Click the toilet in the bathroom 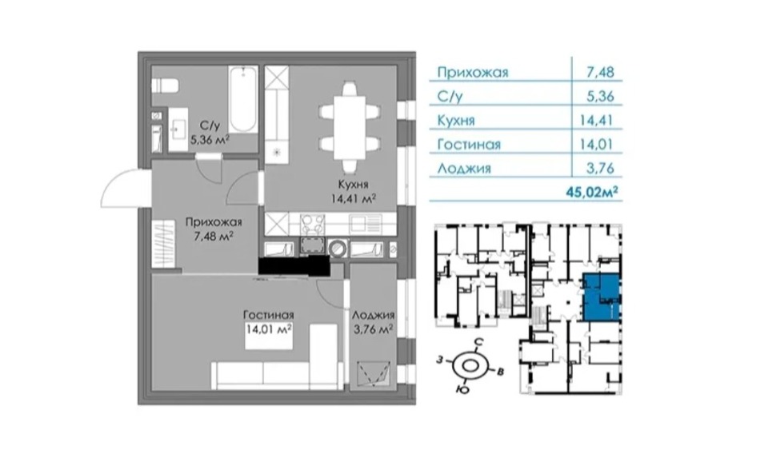pyautogui.click(x=164, y=86)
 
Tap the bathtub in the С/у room pyautogui.click(x=243, y=100)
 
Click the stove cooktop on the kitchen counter pyautogui.click(x=313, y=224)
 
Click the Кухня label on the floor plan pyautogui.click(x=353, y=185)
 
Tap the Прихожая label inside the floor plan pyautogui.click(x=214, y=222)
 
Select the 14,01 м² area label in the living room pyautogui.click(x=269, y=329)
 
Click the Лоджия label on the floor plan pyautogui.click(x=373, y=315)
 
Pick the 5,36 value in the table pyautogui.click(x=600, y=96)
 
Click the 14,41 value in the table pyautogui.click(x=597, y=120)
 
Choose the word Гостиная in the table pyautogui.click(x=469, y=145)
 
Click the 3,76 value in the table pyautogui.click(x=600, y=168)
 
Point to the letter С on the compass pyautogui.click(x=478, y=342)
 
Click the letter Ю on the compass pyautogui.click(x=462, y=389)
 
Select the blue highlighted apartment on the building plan pyautogui.click(x=600, y=297)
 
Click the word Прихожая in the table pyautogui.click(x=473, y=72)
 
